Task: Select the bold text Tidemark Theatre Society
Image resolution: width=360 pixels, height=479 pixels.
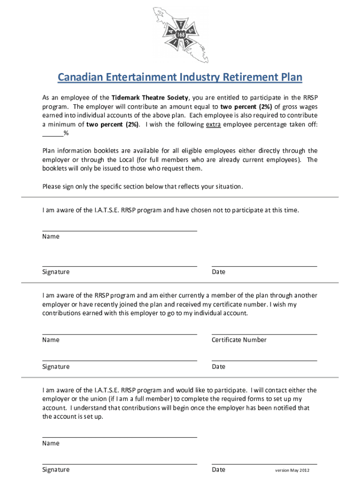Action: [x=150, y=98]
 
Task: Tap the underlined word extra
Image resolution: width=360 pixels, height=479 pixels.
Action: [x=213, y=124]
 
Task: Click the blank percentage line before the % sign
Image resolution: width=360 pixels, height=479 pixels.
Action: [x=53, y=134]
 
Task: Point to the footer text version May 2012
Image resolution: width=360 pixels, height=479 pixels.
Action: [x=292, y=471]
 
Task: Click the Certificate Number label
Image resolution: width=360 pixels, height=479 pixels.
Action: [x=239, y=340]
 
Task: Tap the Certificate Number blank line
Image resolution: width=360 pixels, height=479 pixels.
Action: [x=264, y=334]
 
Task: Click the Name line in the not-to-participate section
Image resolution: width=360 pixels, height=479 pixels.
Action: [x=120, y=230]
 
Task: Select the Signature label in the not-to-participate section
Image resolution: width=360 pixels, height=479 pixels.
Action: [x=56, y=272]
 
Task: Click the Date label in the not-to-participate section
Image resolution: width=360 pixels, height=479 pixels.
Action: [x=218, y=272]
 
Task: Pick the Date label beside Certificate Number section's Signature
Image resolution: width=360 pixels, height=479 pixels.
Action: [x=218, y=367]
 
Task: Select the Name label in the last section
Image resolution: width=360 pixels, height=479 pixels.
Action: [x=51, y=443]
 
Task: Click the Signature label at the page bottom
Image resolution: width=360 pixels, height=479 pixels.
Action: [x=56, y=470]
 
